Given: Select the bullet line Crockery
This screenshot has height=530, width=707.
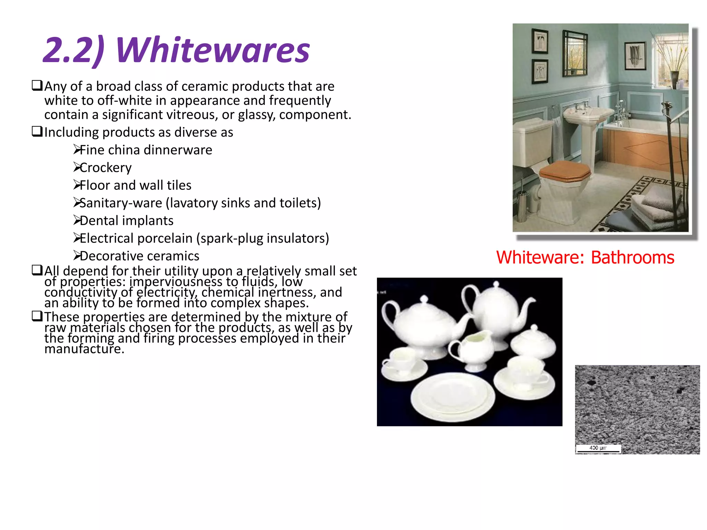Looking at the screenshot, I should [x=105, y=168].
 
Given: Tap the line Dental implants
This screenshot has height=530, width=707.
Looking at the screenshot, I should [x=126, y=220].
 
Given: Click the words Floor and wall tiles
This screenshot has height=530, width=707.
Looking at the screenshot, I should [x=135, y=185].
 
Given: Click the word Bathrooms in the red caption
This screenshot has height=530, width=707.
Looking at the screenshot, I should [x=632, y=257].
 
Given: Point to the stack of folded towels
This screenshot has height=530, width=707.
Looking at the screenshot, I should [x=656, y=207].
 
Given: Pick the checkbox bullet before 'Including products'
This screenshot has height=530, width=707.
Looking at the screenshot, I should [x=37, y=131].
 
